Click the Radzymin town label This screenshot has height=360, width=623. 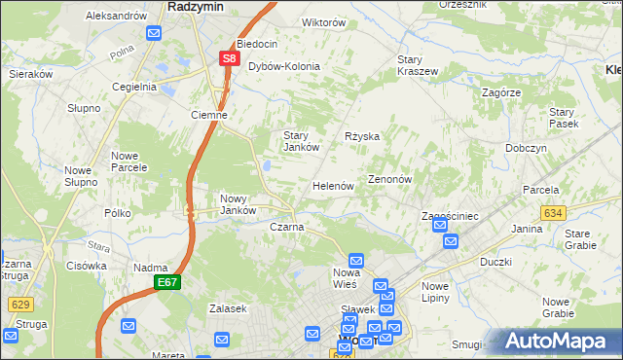[197, 6]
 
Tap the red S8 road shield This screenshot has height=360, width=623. [229, 58]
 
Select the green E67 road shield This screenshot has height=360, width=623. [166, 282]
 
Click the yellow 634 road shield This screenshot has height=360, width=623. [554, 212]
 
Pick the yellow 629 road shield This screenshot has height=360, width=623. [20, 305]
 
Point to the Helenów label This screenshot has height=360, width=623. [332, 186]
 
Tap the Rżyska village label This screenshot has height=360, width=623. [362, 136]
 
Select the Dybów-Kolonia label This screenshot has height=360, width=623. [284, 66]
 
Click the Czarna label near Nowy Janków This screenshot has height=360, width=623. [286, 227]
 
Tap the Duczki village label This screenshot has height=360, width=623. [495, 262]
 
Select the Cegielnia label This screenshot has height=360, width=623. [134, 86]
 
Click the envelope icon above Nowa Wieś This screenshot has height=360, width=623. [356, 260]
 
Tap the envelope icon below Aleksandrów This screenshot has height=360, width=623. [154, 32]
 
